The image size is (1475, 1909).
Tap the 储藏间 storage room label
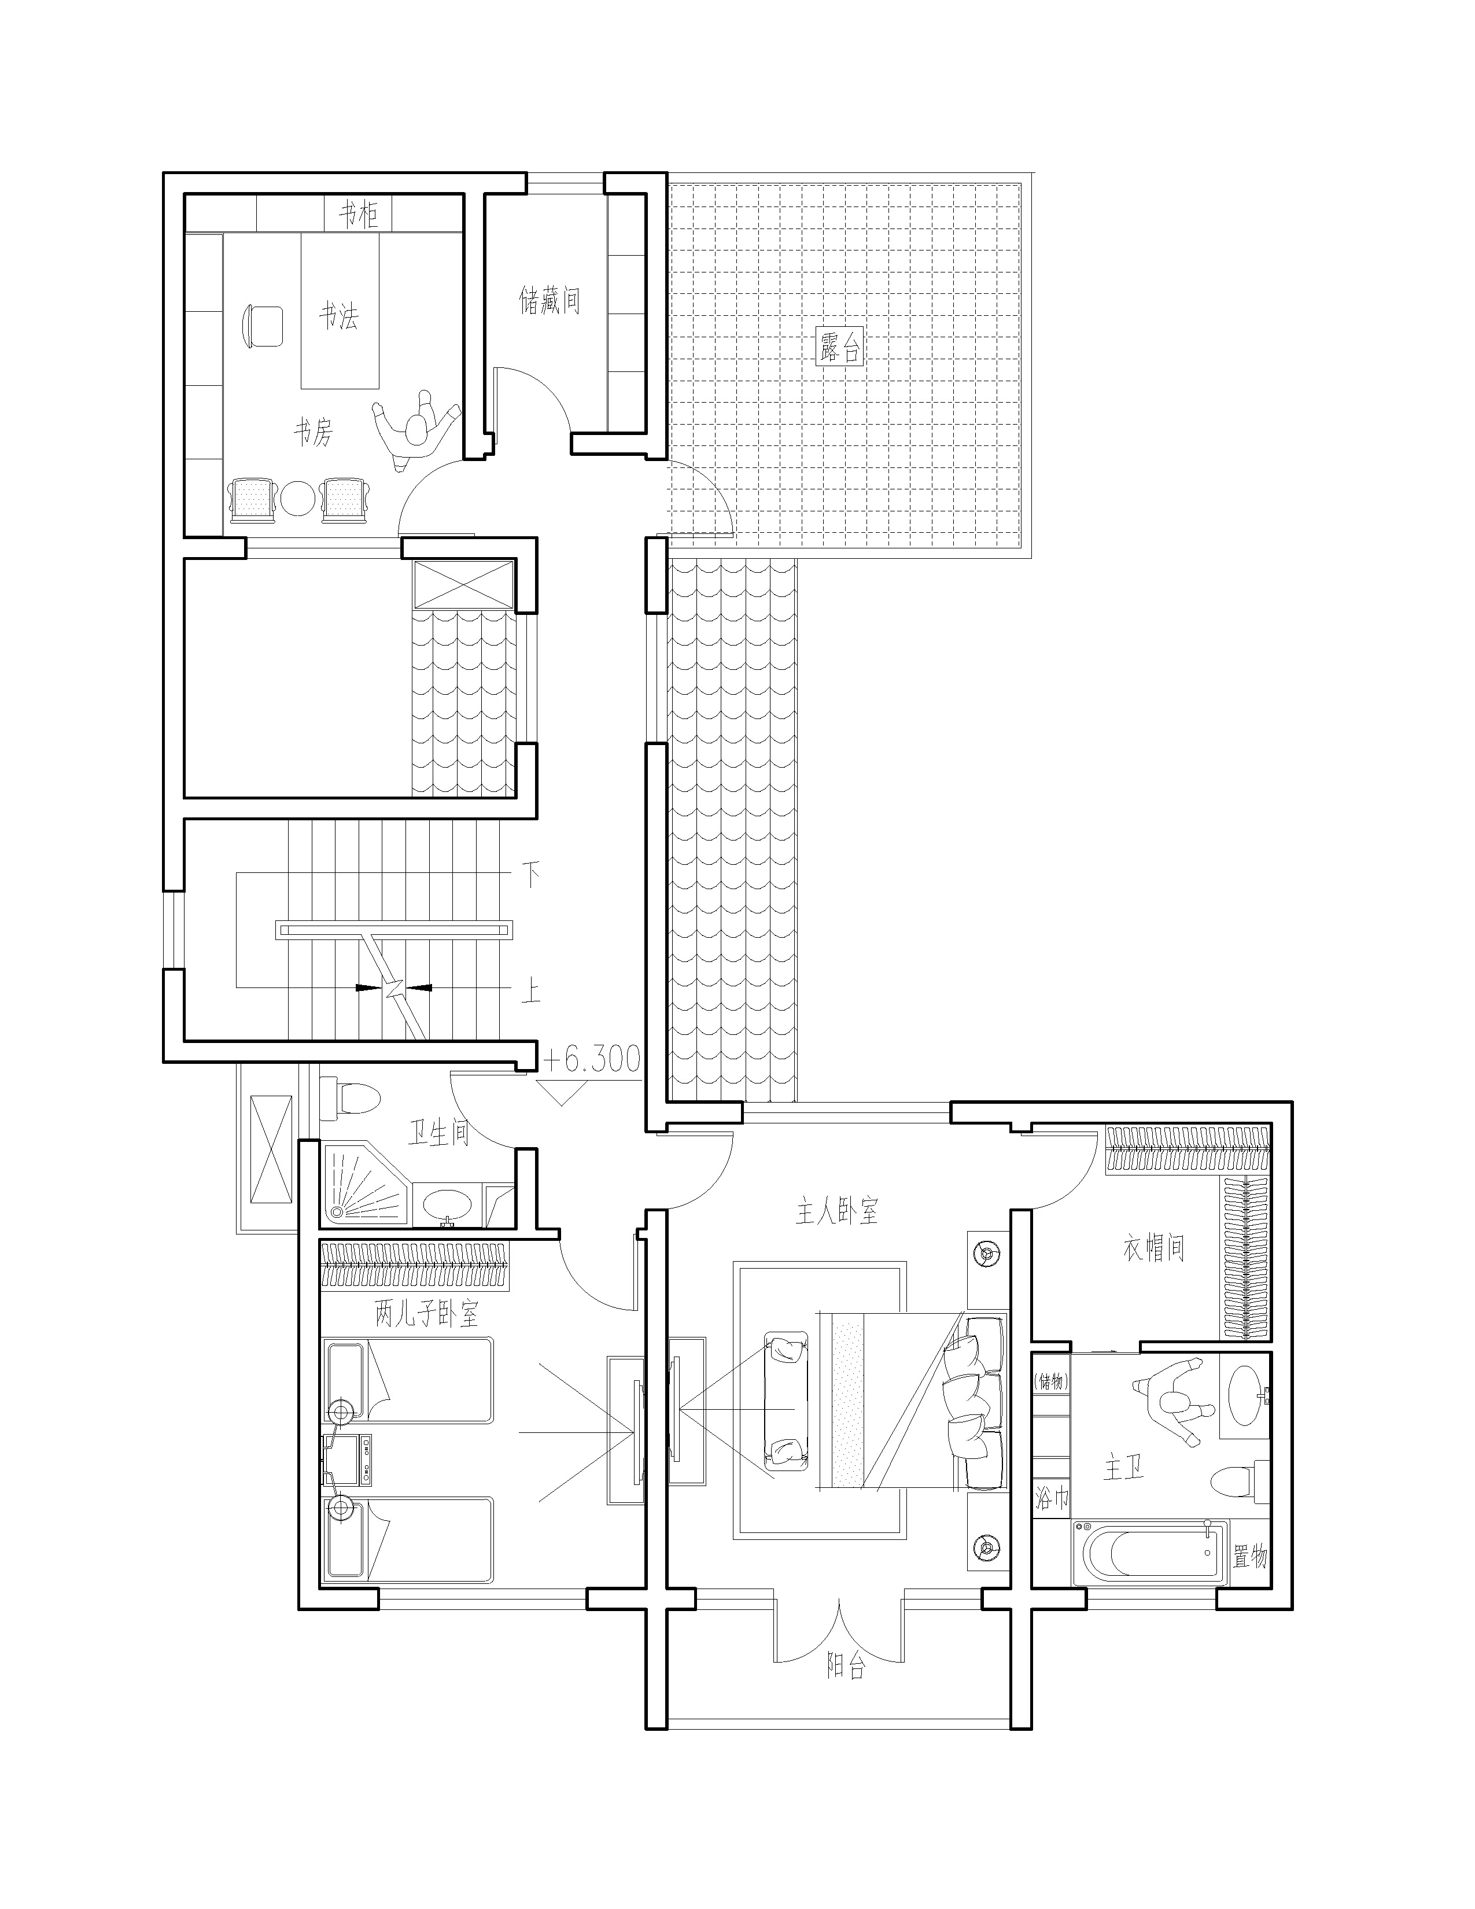click(x=550, y=301)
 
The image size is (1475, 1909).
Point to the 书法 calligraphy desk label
click(x=338, y=315)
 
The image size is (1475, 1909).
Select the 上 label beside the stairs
click(x=529, y=992)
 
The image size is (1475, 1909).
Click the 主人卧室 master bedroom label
click(x=836, y=1211)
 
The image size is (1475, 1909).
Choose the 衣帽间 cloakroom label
click(x=1153, y=1248)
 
